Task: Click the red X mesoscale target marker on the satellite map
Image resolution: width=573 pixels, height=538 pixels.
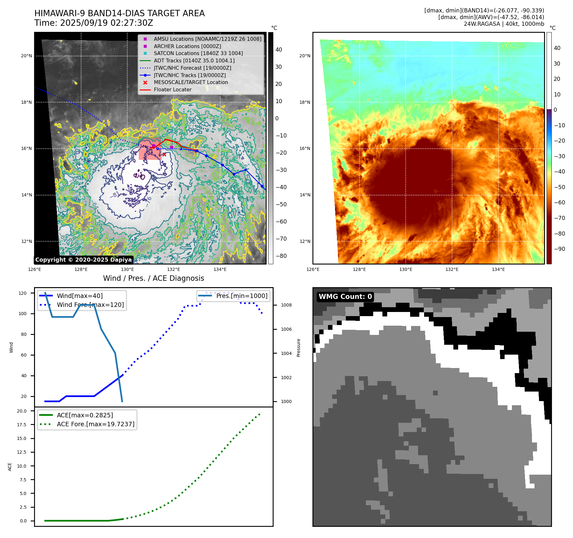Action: (x=164, y=154)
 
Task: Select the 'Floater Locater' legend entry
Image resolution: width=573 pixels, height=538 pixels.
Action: (x=172, y=90)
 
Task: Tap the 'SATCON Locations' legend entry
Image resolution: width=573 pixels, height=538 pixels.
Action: (x=198, y=53)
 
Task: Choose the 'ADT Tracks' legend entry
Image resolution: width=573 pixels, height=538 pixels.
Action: (x=194, y=60)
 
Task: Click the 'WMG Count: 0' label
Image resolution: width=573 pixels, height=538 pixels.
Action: (x=345, y=297)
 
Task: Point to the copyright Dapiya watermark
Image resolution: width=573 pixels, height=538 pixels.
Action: (x=83, y=260)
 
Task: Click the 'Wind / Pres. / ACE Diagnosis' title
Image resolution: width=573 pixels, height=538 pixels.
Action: (x=153, y=278)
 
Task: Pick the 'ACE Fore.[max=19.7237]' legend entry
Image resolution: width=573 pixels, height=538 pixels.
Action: (x=95, y=424)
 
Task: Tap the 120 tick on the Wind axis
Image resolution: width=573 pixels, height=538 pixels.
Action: (x=23, y=293)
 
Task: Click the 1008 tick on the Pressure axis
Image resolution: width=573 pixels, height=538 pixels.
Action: (x=286, y=305)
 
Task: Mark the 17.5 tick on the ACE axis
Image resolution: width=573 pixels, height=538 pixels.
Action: (x=22, y=425)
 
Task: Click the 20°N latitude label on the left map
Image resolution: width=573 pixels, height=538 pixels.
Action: (x=26, y=56)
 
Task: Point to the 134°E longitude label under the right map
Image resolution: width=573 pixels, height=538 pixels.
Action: (x=498, y=269)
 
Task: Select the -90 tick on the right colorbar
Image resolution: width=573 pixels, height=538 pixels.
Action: (x=559, y=249)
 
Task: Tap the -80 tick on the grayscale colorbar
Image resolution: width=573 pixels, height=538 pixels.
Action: (x=281, y=256)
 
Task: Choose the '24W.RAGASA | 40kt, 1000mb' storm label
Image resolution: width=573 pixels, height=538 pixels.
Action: (x=504, y=24)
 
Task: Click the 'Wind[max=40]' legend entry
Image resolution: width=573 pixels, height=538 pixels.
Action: (x=80, y=296)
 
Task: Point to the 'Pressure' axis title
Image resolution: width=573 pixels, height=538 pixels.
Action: (x=298, y=348)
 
